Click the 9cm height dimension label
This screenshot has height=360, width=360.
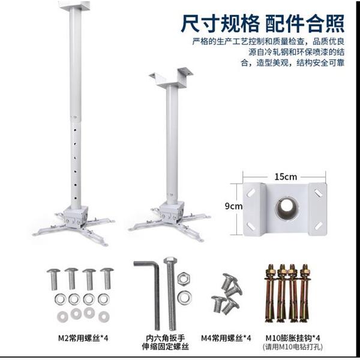233,206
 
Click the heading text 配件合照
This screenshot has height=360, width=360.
305,23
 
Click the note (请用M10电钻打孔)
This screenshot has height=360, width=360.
292,347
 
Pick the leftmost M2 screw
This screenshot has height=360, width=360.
53,277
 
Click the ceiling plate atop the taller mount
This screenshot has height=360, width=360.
74,5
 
